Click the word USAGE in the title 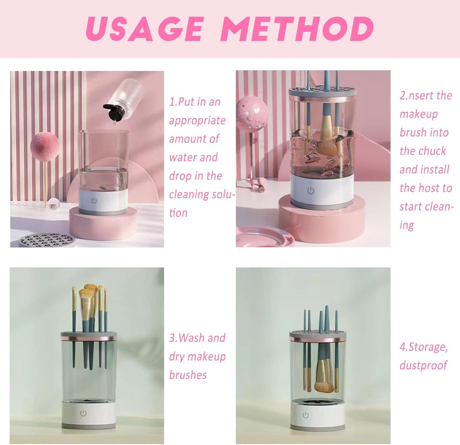click(x=144, y=29)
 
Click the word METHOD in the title click(x=297, y=29)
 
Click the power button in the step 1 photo click(x=94, y=201)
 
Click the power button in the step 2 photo click(x=310, y=191)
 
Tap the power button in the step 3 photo click(x=83, y=413)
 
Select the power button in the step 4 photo click(x=306, y=415)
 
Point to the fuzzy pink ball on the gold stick click(x=45, y=146)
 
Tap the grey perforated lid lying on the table click(x=47, y=240)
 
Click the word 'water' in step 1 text click(x=183, y=158)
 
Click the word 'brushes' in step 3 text click(x=188, y=375)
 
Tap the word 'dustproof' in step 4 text click(x=424, y=365)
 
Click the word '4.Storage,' click(x=424, y=347)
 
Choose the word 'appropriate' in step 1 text click(x=197, y=121)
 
